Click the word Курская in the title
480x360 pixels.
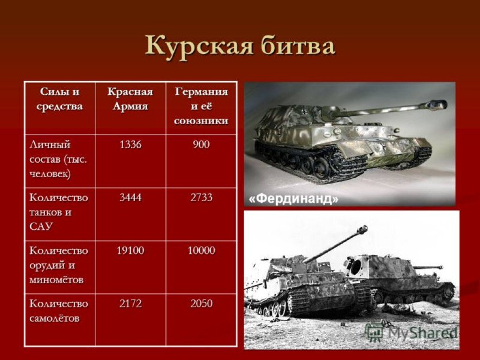click(x=199, y=46)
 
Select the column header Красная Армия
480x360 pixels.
click(x=130, y=99)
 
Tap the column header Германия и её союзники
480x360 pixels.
click(x=201, y=106)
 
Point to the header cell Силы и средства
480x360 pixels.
click(x=60, y=99)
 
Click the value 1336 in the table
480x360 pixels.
click(x=130, y=144)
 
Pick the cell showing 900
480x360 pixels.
click(x=201, y=144)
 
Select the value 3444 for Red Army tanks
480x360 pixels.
click(x=130, y=197)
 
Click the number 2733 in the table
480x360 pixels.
click(x=201, y=197)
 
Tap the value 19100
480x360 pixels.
click(x=130, y=250)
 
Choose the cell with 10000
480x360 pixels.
click(x=201, y=250)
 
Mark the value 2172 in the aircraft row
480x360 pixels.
click(x=130, y=303)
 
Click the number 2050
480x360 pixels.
click(x=201, y=303)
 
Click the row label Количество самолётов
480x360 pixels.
click(x=59, y=311)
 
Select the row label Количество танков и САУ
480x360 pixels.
click(x=59, y=212)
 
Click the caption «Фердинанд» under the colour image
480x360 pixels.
click(x=293, y=199)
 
